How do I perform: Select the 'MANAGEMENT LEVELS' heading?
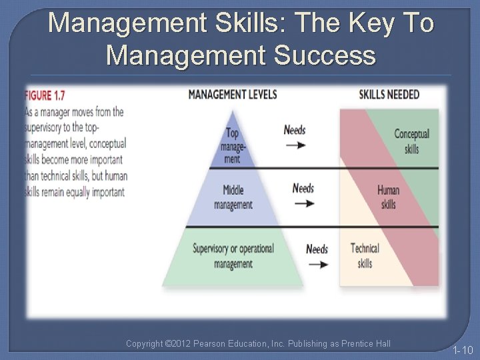[x=232, y=94]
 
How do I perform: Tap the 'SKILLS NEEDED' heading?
[x=389, y=94]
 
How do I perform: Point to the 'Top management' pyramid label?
[x=232, y=146]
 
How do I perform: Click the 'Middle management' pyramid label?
[x=233, y=198]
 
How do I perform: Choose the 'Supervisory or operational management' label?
[x=233, y=255]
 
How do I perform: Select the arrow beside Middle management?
[x=303, y=203]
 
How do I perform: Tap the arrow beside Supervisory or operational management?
[x=318, y=264]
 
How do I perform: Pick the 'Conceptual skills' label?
[x=411, y=141]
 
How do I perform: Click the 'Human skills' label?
[x=388, y=197]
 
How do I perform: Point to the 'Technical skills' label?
[x=365, y=255]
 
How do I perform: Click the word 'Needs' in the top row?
[x=295, y=129]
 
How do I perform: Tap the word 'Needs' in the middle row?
[x=303, y=189]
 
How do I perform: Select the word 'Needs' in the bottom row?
[x=317, y=249]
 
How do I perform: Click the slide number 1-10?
[x=462, y=350]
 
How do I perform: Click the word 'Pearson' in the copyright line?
[x=225, y=344]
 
